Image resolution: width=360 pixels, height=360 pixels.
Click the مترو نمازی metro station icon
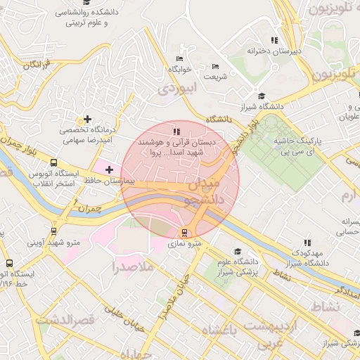click(185, 233)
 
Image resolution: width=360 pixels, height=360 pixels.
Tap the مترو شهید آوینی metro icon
click(54, 231)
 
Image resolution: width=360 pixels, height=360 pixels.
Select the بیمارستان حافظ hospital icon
click(109, 169)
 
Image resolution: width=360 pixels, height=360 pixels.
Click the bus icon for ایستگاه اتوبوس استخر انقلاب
click(54, 162)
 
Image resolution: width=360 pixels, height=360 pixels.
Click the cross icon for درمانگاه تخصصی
click(87, 119)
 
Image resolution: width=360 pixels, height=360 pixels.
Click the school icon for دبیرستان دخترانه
click(274, 40)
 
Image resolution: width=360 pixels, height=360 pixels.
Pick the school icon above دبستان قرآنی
click(176, 131)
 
